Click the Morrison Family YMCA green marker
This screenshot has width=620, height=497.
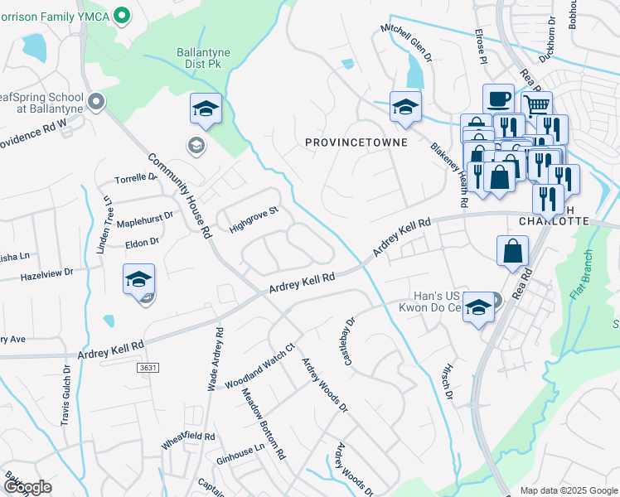click(122, 14)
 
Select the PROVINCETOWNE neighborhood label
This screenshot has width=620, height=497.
click(356, 142)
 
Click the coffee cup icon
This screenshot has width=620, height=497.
click(497, 99)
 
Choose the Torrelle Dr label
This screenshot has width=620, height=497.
click(136, 178)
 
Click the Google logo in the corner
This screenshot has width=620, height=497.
click(27, 486)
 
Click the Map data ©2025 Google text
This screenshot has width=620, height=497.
click(568, 490)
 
